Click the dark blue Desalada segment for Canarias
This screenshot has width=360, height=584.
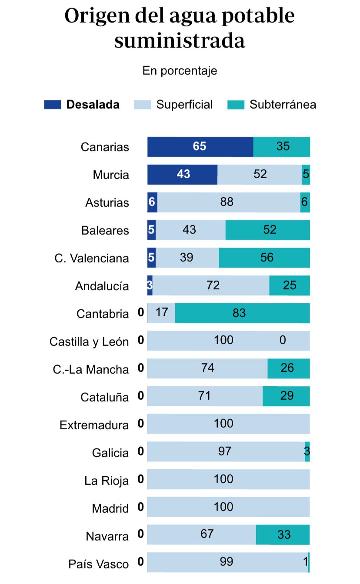[200, 147]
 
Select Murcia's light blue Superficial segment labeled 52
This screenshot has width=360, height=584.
[260, 175]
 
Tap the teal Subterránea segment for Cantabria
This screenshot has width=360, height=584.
[242, 313]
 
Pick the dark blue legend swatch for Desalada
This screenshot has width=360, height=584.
[52, 105]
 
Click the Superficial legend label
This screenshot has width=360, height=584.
[184, 105]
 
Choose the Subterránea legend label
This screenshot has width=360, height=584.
[283, 105]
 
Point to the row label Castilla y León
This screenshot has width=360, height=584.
[89, 342]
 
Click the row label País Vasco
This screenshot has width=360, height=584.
[99, 564]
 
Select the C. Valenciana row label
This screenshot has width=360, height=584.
[92, 259]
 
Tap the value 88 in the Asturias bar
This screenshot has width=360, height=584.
[227, 202]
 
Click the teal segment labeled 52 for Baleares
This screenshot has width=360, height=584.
[267, 230]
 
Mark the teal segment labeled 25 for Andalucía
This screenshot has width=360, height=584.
[290, 285]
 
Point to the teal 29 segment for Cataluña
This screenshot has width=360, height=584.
[286, 396]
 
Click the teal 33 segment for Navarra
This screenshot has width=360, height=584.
[283, 534]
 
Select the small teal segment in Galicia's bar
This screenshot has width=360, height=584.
[307, 452]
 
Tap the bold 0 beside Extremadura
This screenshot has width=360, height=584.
[140, 424]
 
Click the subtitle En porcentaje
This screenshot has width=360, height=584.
[180, 71]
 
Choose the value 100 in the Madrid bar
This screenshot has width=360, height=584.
[223, 507]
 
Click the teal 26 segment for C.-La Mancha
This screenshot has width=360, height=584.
[288, 368]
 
